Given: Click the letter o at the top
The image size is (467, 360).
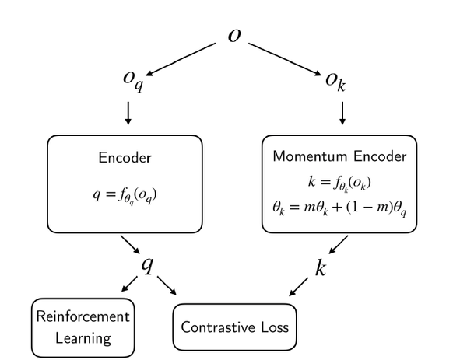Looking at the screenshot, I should tap(233, 37).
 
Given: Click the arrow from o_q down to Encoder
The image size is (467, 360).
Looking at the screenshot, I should tap(128, 114).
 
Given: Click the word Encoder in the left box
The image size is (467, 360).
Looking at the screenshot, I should tap(125, 157).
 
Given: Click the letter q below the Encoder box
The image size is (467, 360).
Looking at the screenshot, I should tap(146, 265).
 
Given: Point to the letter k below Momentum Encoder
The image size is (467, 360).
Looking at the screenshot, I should tap(321, 268).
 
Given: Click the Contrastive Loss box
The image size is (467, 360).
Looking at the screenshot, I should tap(234, 327).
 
